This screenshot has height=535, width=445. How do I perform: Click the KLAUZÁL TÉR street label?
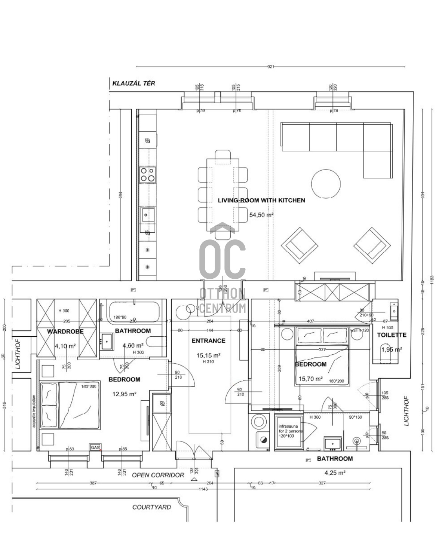[133, 83]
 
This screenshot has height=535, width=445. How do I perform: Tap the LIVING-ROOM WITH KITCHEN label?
[261, 201]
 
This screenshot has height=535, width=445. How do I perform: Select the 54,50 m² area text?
[261, 215]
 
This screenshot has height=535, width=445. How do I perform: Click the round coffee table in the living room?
[326, 184]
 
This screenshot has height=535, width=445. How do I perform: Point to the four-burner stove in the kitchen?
[147, 175]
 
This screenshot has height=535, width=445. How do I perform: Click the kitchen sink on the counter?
[147, 215]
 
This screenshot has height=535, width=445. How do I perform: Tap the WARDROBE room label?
[65, 331]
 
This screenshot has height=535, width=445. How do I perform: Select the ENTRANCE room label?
[208, 341]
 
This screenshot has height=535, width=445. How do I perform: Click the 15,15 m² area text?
[208, 355]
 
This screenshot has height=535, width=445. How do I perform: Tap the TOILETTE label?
[391, 335]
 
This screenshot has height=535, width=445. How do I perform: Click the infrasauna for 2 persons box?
[288, 431]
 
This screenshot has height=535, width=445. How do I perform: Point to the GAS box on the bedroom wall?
[95, 447]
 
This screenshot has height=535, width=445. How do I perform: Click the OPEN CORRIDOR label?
[158, 475]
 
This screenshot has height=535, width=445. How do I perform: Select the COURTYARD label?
[151, 507]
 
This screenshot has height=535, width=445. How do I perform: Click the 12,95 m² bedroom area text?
[124, 394]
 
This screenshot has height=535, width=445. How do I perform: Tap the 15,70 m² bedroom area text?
[310, 379]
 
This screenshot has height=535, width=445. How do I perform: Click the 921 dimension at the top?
[271, 67]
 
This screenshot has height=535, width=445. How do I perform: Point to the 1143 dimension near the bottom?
[203, 489]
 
